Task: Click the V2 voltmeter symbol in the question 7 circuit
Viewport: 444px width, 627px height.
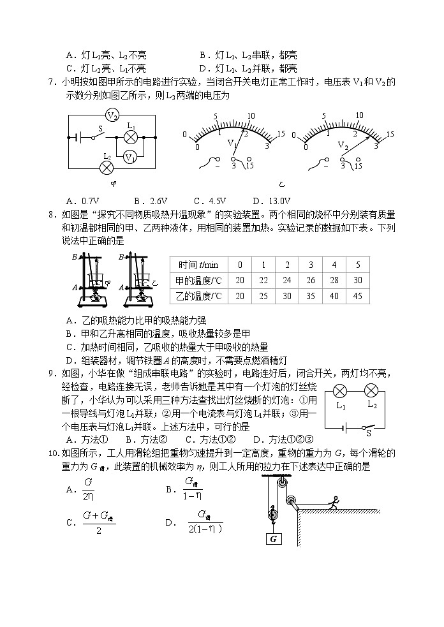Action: (x=112, y=115)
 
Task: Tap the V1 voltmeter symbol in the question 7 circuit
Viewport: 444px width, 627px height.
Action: (x=129, y=156)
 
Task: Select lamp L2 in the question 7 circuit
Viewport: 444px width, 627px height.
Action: (x=107, y=167)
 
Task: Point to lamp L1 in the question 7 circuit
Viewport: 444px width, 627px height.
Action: (x=131, y=137)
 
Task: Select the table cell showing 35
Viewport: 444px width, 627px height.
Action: (x=310, y=296)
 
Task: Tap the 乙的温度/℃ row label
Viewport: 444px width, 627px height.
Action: (x=198, y=296)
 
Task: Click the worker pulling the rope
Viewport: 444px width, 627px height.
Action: (x=332, y=504)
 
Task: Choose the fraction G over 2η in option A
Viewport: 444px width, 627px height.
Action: (x=89, y=489)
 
